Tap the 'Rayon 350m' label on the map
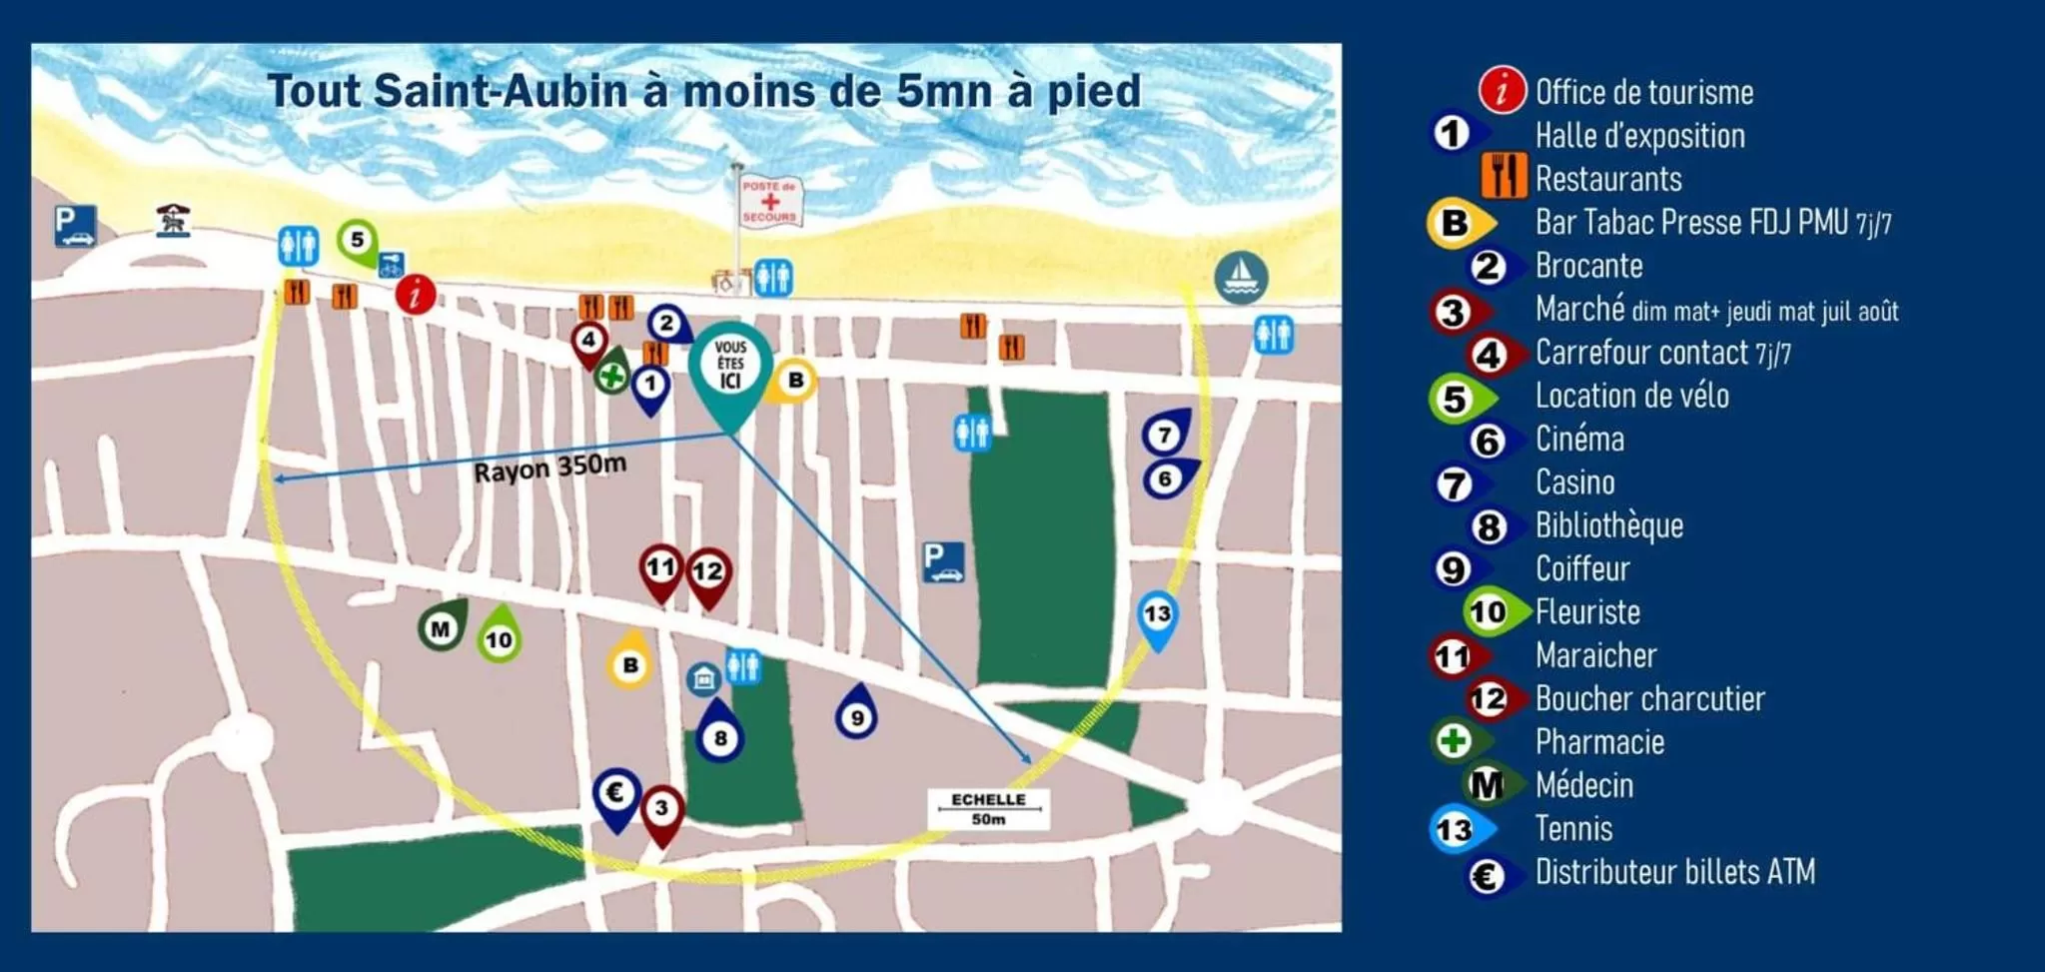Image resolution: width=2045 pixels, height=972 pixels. [x=549, y=468]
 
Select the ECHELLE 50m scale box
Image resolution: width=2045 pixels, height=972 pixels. [x=988, y=809]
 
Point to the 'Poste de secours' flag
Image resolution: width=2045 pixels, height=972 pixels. [x=769, y=201]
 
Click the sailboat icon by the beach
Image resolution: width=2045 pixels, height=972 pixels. [x=1241, y=276]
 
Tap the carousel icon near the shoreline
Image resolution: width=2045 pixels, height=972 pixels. [x=174, y=220]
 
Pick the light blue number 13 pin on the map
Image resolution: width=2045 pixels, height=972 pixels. [x=1157, y=614]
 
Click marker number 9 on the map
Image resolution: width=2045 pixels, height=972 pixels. [x=856, y=715]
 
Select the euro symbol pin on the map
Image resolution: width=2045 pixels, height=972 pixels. [x=616, y=794]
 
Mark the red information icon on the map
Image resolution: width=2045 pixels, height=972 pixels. [x=416, y=295]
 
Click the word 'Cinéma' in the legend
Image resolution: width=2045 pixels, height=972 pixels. [x=1579, y=440]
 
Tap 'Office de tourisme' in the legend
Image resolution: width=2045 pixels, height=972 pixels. [x=1643, y=93]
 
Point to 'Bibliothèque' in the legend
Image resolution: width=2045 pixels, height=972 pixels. [x=1608, y=526]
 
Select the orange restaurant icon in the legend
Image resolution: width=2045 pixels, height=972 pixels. [x=1503, y=177]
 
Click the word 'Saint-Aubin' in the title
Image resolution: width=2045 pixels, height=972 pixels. [x=502, y=92]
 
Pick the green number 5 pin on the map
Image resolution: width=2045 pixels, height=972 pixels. [x=357, y=240]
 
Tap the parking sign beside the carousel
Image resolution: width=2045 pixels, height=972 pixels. [x=75, y=226]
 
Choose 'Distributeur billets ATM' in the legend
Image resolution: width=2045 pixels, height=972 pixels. [x=1674, y=873]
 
